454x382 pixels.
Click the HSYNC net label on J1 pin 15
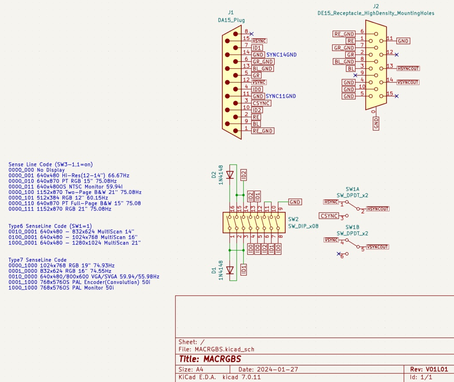[x=259, y=40]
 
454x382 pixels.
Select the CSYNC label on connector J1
[x=261, y=103]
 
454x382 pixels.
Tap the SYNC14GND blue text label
[x=282, y=55]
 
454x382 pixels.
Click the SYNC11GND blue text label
[x=281, y=96]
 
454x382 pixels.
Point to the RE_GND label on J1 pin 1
[x=262, y=131]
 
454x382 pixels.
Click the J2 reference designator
[x=376, y=6]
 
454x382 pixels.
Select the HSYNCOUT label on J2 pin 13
[x=408, y=68]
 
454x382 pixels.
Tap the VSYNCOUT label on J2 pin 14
[x=408, y=82]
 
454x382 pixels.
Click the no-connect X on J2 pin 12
[x=396, y=55]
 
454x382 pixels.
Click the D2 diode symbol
[x=230, y=174]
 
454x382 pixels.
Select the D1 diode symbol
[x=230, y=270]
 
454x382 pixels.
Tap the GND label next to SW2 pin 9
[x=295, y=202]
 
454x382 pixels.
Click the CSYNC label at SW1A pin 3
[x=329, y=216]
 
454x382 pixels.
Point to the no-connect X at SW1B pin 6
[x=339, y=254]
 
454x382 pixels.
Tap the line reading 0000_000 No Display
[x=36, y=170]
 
